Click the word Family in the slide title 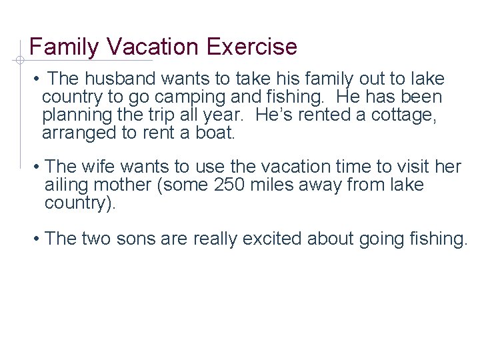click(64, 47)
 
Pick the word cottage click(400, 115)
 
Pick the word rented click(321, 115)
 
